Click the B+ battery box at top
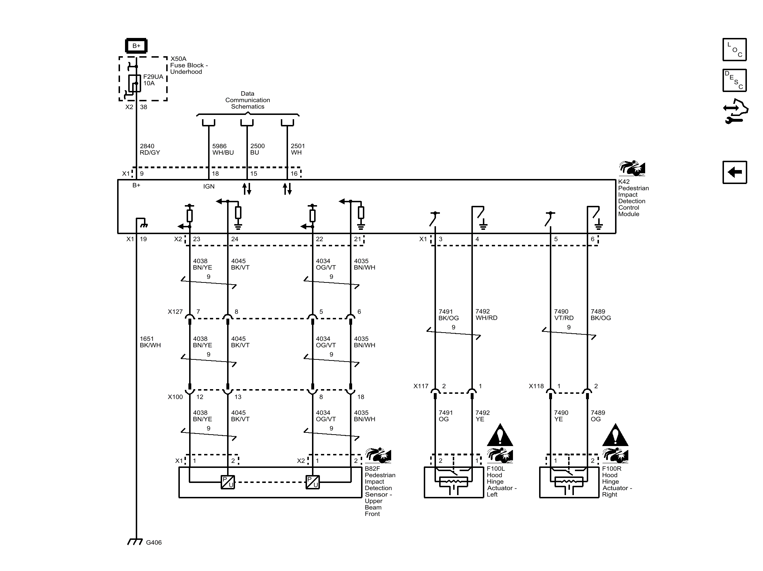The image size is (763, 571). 136,46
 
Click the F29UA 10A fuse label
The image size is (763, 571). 153,80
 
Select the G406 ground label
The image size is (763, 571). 154,542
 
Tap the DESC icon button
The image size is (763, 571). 734,80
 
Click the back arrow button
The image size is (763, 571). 734,172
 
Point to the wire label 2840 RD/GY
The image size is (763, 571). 150,149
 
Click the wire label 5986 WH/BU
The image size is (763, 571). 223,149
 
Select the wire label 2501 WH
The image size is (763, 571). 297,149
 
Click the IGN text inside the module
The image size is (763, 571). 209,186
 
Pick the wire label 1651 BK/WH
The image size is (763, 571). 150,342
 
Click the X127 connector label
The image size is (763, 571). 175,312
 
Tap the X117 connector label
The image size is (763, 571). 421,386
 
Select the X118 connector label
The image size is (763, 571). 536,386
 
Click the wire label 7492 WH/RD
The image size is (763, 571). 486,315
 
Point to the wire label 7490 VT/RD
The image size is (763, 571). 563,315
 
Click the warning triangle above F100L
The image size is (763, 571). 500,435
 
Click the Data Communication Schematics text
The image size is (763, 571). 248,100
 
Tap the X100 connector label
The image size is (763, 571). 175,397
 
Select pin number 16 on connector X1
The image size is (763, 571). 294,174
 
